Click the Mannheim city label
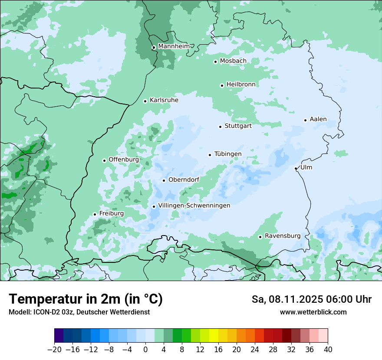pos(174,46)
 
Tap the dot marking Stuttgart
pos(220,127)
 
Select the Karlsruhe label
pos(164,100)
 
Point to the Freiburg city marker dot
pos(95,214)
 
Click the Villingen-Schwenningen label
pos(194,206)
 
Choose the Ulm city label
pos(306,167)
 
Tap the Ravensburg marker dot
pos(260,237)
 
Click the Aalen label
pos(318,119)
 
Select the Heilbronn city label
pos(241,84)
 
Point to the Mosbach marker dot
pos(215,62)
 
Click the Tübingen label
pos(228,154)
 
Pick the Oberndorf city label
pos(184,180)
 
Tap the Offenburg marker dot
pos(104,160)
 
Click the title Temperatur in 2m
pos(86,299)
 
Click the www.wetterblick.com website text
pos(313,312)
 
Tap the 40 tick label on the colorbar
pos(328,349)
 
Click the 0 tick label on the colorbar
pos(145,349)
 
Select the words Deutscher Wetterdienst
pos(113,312)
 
